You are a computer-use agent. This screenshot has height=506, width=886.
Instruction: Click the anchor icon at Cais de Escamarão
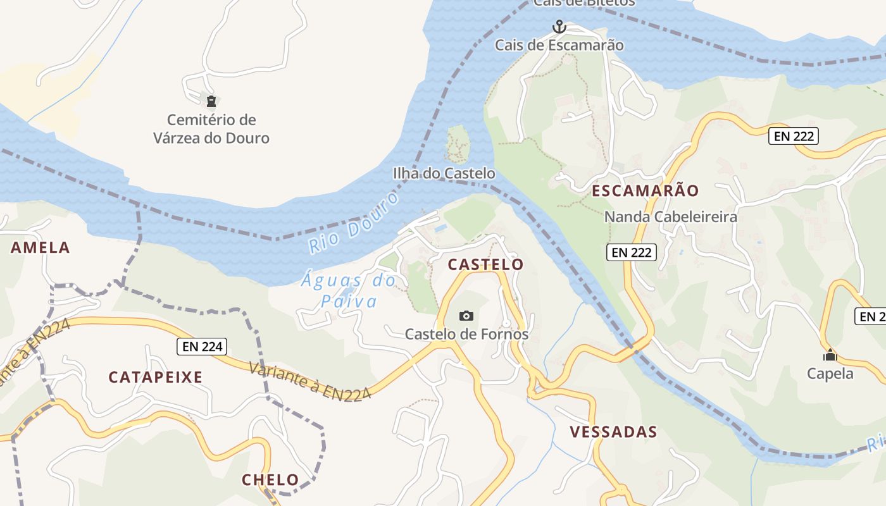pyautogui.click(x=559, y=27)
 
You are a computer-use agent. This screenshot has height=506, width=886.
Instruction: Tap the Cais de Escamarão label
pyautogui.click(x=559, y=46)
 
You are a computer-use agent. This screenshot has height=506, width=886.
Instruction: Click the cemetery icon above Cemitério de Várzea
pyautogui.click(x=211, y=101)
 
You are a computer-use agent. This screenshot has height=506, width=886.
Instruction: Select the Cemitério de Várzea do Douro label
pyautogui.click(x=211, y=129)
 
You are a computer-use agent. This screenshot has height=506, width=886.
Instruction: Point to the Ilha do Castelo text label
pyautogui.click(x=444, y=173)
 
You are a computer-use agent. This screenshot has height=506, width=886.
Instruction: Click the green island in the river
pyautogui.click(x=458, y=144)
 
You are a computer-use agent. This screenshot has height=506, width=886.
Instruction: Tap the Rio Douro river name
pyautogui.click(x=354, y=223)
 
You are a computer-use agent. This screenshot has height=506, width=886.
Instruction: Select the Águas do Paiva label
pyautogui.click(x=348, y=290)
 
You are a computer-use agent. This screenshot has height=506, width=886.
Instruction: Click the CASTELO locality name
pyautogui.click(x=485, y=264)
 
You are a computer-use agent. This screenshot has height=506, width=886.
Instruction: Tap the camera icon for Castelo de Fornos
pyautogui.click(x=466, y=316)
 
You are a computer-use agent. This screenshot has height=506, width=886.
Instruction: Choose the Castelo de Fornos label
pyautogui.click(x=466, y=334)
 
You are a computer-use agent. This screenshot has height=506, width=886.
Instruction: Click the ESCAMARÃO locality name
pyautogui.click(x=645, y=191)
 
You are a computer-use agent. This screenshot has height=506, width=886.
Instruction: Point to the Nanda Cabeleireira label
pyautogui.click(x=670, y=217)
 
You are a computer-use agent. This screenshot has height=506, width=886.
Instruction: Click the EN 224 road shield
pyautogui.click(x=201, y=346)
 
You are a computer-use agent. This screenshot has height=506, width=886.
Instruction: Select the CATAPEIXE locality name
pyautogui.click(x=156, y=378)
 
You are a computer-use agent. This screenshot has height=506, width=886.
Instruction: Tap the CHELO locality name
pyautogui.click(x=270, y=480)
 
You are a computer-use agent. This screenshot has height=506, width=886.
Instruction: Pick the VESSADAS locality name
pyautogui.click(x=613, y=433)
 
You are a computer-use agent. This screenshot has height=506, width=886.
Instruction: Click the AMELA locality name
pyautogui.click(x=41, y=248)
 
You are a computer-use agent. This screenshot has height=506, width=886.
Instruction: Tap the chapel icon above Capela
pyautogui.click(x=830, y=355)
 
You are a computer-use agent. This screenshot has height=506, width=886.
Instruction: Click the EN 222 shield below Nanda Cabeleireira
pyautogui.click(x=632, y=252)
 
